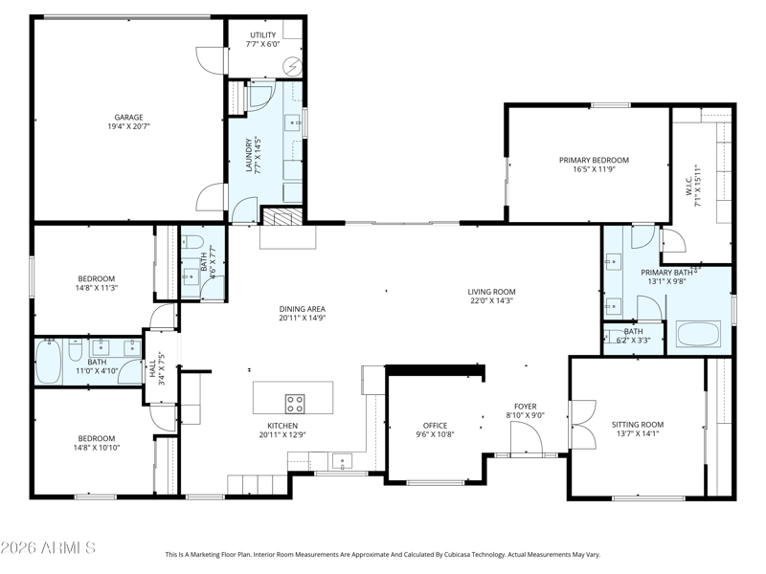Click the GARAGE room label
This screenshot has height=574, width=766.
point(129,117)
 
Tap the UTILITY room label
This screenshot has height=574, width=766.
point(262,35)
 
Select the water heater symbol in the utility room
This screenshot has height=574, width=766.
point(293,66)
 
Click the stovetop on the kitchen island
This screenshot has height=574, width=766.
point(295,404)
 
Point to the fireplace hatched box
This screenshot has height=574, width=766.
point(282,217)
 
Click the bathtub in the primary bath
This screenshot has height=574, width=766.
point(698,334)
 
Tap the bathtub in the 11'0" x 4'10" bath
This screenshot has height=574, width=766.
point(49,362)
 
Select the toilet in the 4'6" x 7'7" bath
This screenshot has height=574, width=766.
point(191,242)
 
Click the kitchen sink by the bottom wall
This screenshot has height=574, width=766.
point(342,460)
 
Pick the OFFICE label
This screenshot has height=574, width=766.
point(435,426)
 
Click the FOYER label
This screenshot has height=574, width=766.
point(525,407)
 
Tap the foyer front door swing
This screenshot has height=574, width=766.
point(527,438)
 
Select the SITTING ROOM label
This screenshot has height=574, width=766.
point(638,425)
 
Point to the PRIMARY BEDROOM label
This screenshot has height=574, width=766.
point(594,160)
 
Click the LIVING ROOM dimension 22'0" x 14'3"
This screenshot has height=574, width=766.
point(491,300)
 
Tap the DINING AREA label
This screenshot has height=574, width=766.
point(302,309)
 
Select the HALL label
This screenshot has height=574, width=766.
point(152,368)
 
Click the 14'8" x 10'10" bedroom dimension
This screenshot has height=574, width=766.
point(98,448)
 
